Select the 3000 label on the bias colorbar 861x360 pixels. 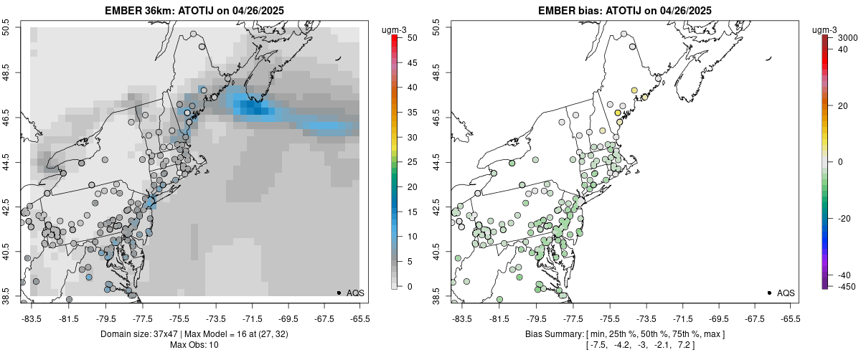click(x=848, y=37)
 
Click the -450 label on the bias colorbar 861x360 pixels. click(x=845, y=286)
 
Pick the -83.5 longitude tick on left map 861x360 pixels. click(x=31, y=318)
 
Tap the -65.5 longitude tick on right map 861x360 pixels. click(x=790, y=318)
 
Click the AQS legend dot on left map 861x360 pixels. click(x=338, y=293)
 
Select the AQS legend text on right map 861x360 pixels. click(x=785, y=293)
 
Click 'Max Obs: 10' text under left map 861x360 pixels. click(x=194, y=345)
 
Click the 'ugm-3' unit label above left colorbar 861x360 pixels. click(x=395, y=29)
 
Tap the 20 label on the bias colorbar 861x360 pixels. click(x=844, y=105)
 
